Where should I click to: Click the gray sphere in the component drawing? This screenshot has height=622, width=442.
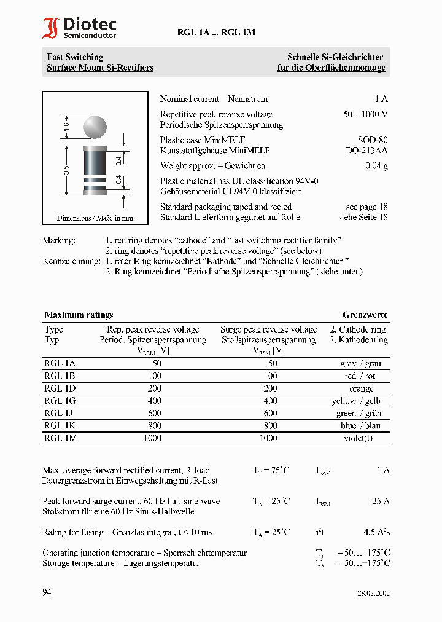tap(95, 128)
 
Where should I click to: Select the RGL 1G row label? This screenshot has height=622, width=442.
tap(60, 401)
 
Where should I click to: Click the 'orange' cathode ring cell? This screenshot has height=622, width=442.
tap(361, 388)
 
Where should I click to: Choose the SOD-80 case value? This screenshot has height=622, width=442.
tap(373, 140)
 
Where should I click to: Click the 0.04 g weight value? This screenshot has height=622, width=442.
tap(376, 166)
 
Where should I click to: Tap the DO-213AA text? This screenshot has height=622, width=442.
tap(366, 150)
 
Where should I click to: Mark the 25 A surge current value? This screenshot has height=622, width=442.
tap(381, 502)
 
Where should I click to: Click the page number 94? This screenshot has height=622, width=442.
tap(47, 592)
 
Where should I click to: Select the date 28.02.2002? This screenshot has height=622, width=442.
tap(373, 593)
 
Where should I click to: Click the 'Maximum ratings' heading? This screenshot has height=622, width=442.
tap(79, 315)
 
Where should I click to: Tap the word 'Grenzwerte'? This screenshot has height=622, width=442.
tap(365, 315)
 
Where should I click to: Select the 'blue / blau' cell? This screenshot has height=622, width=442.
tap(361, 426)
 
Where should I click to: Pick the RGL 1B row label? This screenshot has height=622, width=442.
tap(60, 376)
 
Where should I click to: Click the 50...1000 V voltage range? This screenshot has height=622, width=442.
tap(365, 114)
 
